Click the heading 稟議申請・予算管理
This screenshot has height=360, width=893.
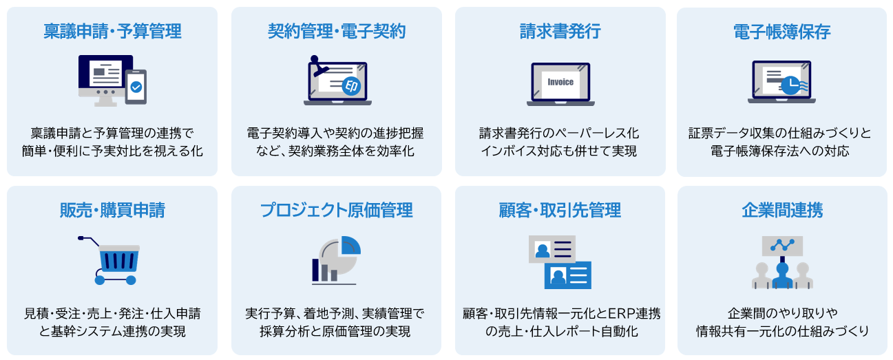(x=112, y=31)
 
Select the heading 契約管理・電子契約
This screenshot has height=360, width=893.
(x=337, y=31)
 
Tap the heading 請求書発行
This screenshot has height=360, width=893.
(x=560, y=31)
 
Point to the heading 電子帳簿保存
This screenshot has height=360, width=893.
(x=781, y=32)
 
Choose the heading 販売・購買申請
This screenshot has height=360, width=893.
(x=112, y=210)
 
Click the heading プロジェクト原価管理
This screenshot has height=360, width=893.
(x=337, y=210)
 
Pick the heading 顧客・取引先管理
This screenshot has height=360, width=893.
(x=560, y=210)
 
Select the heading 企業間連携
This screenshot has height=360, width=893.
(x=782, y=210)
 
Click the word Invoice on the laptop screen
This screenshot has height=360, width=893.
(x=560, y=82)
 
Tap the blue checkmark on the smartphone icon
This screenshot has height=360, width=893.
(x=136, y=87)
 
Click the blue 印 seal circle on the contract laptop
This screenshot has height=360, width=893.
(x=351, y=86)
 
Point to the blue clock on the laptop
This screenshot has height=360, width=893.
(x=790, y=85)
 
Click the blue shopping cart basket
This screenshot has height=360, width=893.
(x=119, y=261)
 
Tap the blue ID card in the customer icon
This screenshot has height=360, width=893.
(x=568, y=275)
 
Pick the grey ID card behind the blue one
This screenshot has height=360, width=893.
(x=552, y=248)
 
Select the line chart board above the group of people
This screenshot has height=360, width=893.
(x=782, y=246)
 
